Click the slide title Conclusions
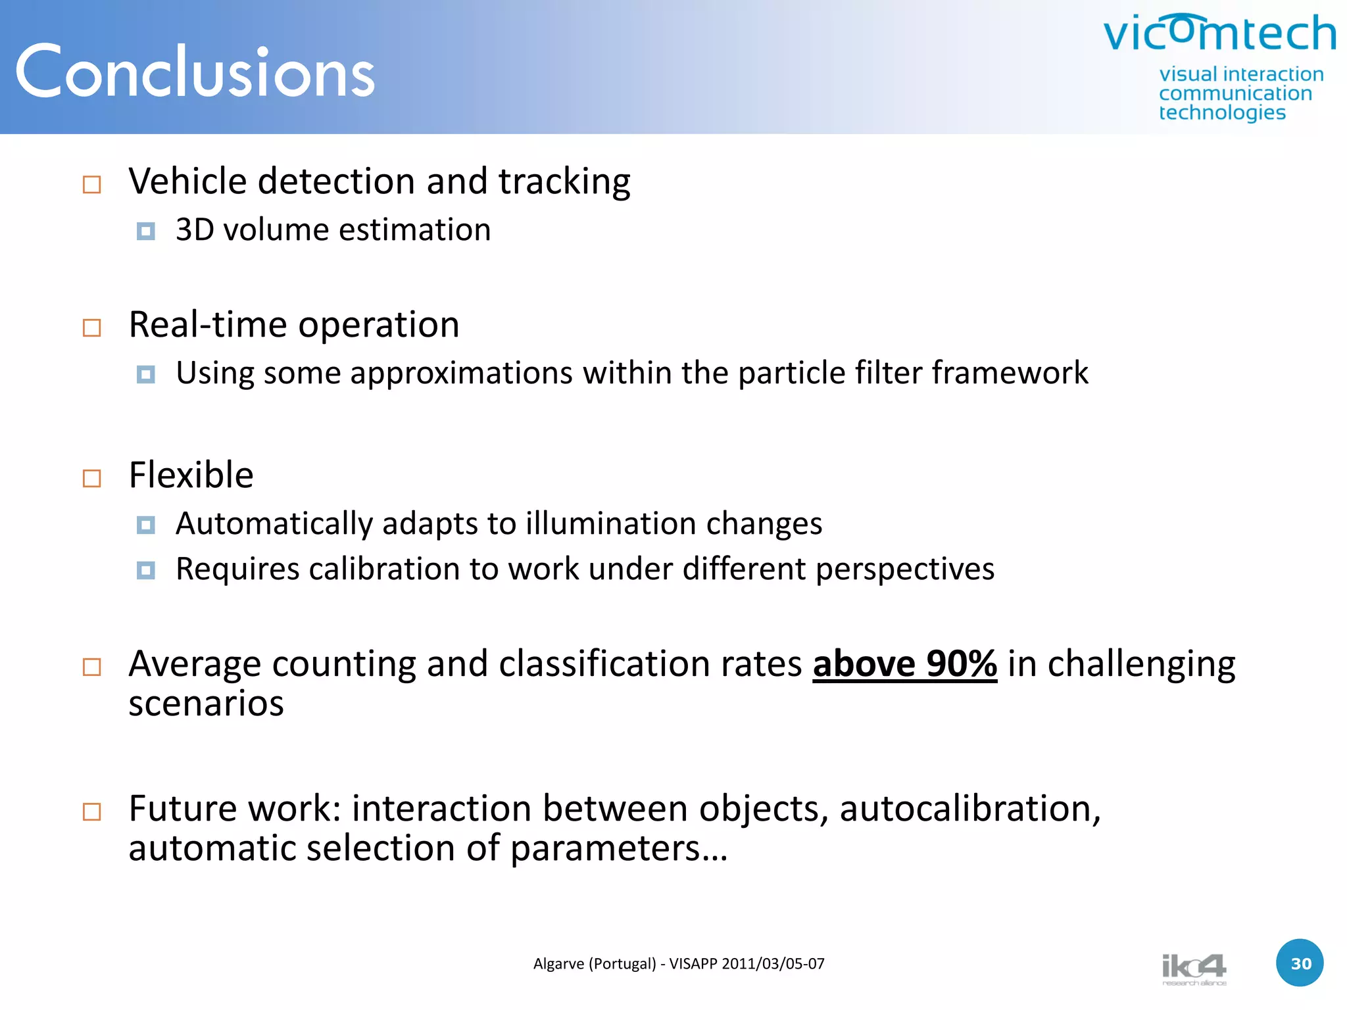tap(195, 72)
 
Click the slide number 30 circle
tap(1300, 963)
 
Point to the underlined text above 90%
tap(904, 664)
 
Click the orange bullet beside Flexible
tap(92, 478)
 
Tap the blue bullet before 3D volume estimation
tap(145, 231)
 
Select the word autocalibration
tap(970, 808)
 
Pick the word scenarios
tap(206, 704)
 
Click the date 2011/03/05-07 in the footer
tap(773, 964)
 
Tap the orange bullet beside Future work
tap(92, 811)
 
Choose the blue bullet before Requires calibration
tap(145, 570)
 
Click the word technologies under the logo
tap(1222, 112)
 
